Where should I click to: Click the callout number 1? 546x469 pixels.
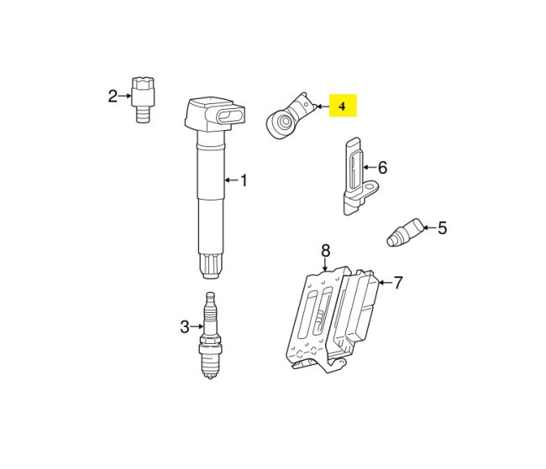coord(244,180)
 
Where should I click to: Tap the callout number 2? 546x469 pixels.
coord(113,96)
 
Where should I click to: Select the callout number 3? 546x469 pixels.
coord(185,327)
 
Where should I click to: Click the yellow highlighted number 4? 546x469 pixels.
coord(342,106)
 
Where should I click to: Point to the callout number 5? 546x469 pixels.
coord(442,227)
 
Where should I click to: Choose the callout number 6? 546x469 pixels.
coord(382,168)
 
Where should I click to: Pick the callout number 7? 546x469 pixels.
coord(398,283)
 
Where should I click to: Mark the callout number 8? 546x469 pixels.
coord(326,250)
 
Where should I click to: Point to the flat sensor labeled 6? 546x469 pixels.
coord(353,177)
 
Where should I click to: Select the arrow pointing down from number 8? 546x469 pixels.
coord(326,264)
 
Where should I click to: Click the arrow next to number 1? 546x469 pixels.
coord(231,180)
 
